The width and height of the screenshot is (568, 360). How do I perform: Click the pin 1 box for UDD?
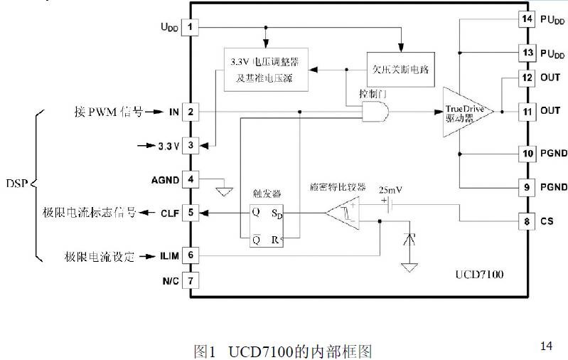click(191, 28)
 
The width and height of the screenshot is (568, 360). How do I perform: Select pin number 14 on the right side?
click(527, 19)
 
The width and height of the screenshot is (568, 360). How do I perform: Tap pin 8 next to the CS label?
click(527, 221)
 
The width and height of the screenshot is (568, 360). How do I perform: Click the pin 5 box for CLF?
click(191, 212)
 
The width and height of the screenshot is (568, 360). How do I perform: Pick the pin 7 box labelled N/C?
click(191, 280)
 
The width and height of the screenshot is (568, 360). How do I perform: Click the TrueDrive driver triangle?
click(466, 112)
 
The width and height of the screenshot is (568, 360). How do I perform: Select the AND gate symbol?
click(375, 111)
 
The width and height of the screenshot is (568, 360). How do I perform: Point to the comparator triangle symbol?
click(343, 212)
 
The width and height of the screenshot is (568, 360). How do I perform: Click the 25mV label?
click(392, 190)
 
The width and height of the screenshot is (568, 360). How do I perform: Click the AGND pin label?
click(165, 179)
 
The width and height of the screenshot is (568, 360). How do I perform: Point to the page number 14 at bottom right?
click(546, 346)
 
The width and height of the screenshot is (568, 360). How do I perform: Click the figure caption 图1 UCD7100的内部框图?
click(283, 351)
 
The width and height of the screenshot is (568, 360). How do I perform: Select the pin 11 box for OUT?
click(527, 111)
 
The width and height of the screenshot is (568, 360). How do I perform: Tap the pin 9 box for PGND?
click(527, 188)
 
